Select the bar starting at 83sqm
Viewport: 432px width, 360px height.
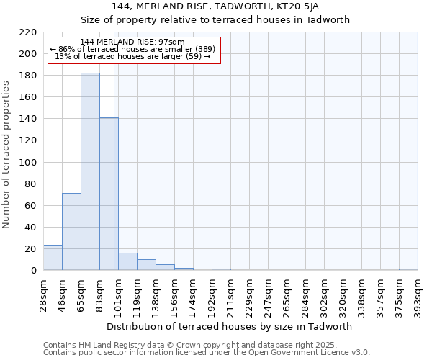pos(109,194)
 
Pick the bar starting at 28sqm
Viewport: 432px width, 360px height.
pos(53,258)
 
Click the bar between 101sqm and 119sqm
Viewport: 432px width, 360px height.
pos(127,262)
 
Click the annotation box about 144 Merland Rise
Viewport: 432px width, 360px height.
pos(133,50)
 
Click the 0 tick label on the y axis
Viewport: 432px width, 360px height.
pos(33,271)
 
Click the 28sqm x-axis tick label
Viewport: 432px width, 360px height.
pos(44,296)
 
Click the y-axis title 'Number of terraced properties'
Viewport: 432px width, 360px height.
pos(7,154)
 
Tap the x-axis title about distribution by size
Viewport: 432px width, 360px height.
pos(234,326)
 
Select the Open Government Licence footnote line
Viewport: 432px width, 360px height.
pos(207,353)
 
